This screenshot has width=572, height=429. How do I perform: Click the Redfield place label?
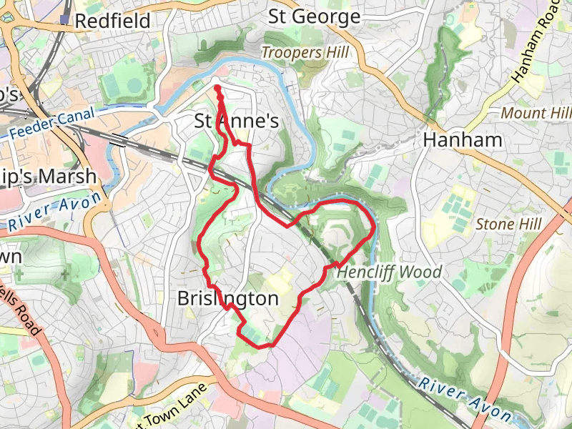pos(112,21)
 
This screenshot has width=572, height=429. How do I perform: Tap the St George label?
pos(314,16)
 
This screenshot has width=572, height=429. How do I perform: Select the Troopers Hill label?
pos(305,52)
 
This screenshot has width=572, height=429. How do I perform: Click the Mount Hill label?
pos(536,113)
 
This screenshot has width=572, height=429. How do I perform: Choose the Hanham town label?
pos(463,140)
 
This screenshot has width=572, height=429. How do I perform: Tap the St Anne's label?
pos(237,122)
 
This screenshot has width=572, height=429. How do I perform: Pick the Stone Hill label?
pos(508,225)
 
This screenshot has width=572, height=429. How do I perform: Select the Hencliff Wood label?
pos(389,272)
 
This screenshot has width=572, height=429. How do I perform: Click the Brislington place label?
pos(227,299)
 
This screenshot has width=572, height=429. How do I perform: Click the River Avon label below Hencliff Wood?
pos(465,398)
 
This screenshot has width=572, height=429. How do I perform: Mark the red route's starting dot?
pos(217,88)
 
